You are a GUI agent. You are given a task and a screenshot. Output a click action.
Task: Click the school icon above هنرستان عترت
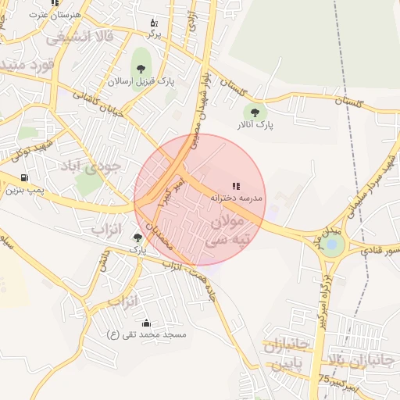coord(54,3)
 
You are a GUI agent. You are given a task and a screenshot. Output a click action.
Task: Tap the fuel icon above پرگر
coord(154,23)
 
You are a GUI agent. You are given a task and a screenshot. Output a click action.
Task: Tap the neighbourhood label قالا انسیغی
coord(80,37)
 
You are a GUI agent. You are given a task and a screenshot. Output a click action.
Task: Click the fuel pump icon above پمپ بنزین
coord(24,177)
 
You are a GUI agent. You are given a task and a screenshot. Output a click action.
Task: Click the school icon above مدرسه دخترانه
coord(236,186)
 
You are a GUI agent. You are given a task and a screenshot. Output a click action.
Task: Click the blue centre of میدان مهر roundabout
coord(334,245)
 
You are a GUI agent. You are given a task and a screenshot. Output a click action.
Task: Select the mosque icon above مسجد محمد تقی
coord(146,323)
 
